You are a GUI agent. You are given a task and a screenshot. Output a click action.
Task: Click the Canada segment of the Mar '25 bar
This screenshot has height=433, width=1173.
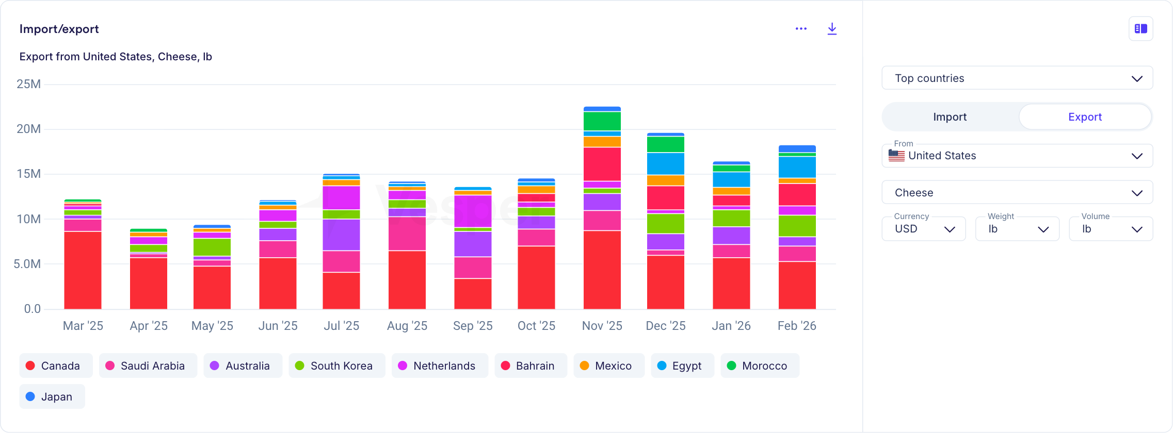tap(83, 270)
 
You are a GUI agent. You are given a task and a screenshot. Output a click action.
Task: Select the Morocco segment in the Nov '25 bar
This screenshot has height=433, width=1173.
tap(602, 121)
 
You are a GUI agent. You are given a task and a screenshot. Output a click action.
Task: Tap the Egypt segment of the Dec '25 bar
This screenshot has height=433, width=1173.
tap(665, 163)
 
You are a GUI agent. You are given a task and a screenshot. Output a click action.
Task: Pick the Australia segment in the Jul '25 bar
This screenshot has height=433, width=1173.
tap(341, 235)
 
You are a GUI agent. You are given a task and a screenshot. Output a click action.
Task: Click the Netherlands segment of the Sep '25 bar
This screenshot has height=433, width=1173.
tap(473, 211)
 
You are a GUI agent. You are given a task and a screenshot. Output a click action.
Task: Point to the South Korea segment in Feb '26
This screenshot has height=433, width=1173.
tap(797, 226)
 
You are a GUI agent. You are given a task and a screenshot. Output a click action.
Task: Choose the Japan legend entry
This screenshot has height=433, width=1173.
tap(52, 396)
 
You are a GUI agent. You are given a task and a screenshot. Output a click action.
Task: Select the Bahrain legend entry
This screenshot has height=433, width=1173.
tap(531, 365)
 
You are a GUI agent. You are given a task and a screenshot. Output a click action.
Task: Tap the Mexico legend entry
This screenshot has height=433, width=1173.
tap(608, 365)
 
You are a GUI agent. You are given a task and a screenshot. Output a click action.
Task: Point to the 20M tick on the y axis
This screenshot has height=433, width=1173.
tap(28, 129)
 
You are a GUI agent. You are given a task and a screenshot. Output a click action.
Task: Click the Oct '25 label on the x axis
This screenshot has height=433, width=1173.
tap(536, 326)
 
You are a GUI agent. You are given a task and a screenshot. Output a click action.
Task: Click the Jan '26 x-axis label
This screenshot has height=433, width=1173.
tap(731, 326)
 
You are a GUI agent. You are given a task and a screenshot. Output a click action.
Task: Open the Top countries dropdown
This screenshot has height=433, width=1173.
tap(1017, 78)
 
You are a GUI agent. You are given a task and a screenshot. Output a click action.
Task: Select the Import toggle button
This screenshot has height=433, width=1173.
tap(950, 117)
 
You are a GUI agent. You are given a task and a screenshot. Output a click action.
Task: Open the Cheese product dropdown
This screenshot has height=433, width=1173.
tap(1017, 193)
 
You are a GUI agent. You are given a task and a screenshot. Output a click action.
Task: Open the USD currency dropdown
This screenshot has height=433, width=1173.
tap(923, 229)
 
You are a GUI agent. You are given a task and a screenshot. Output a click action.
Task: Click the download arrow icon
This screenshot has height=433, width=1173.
tap(832, 29)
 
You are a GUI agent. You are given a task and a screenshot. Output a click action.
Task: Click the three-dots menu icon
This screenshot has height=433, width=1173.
tap(801, 29)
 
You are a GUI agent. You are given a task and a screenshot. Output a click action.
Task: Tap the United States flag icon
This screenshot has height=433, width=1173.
tap(896, 156)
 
